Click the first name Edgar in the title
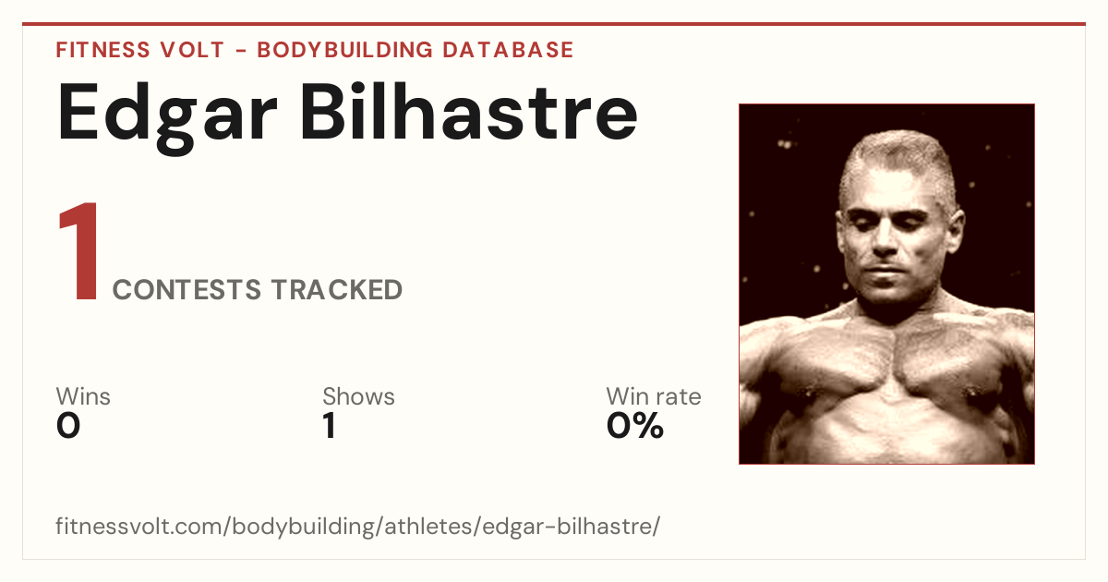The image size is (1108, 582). [x=167, y=117]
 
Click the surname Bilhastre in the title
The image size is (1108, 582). [x=469, y=112]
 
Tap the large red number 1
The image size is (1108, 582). [x=79, y=251]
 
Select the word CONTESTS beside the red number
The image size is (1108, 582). [x=187, y=289]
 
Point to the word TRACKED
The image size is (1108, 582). [x=337, y=289]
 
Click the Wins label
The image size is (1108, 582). [x=83, y=396]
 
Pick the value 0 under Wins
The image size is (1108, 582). [x=68, y=426]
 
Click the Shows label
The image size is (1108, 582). [x=358, y=396]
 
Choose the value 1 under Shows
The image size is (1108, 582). [x=330, y=426]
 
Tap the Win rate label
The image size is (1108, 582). [x=654, y=396]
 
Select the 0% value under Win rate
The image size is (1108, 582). [x=635, y=426]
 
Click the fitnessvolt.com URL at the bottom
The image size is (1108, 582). [x=357, y=526]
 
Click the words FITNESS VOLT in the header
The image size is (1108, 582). [x=140, y=50]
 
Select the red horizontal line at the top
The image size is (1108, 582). [x=554, y=24]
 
